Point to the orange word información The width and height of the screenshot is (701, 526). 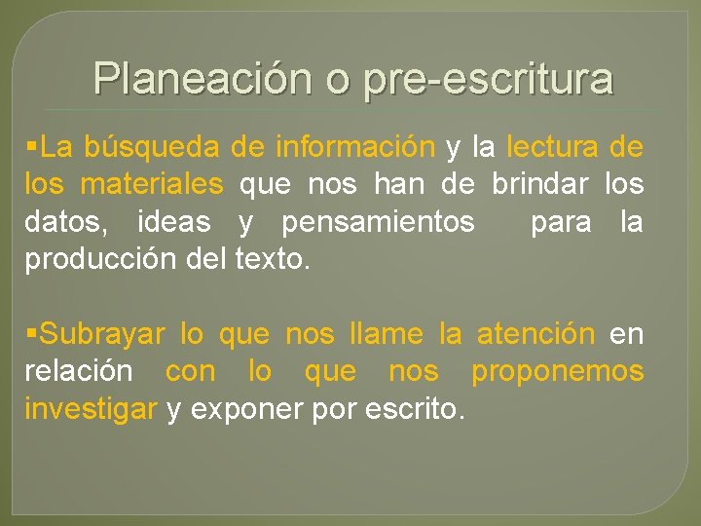(354, 147)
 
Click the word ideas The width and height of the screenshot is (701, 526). (173, 222)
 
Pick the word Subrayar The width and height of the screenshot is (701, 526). (101, 334)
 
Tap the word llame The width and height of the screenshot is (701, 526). (386, 334)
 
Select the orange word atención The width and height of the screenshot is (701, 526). (535, 334)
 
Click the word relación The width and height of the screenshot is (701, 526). (79, 371)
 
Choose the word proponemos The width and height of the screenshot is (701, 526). (557, 371)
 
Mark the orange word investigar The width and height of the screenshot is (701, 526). (91, 409)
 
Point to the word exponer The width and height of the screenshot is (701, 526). (237, 409)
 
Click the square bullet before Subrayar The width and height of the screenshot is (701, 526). (33, 334)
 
